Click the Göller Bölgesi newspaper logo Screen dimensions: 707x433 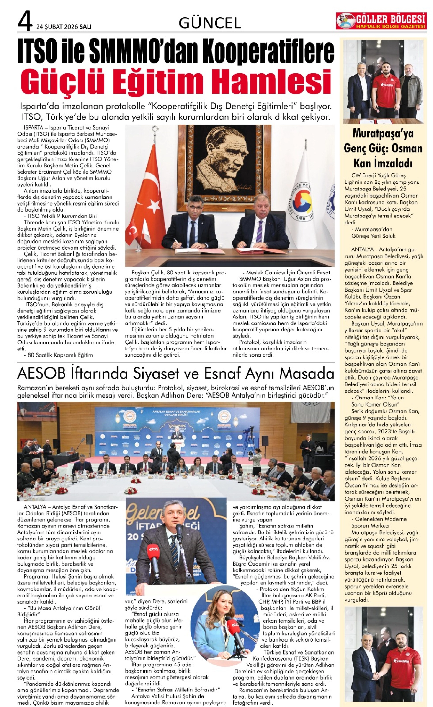pos(381,21)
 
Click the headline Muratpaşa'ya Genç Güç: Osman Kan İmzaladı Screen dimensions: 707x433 pos(383,148)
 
